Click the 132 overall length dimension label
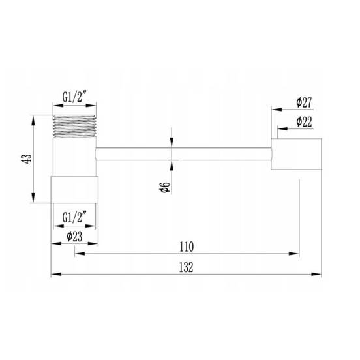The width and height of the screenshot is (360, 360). click(x=187, y=267)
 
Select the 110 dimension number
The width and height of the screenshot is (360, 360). click(x=187, y=247)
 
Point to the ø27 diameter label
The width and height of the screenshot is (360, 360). click(x=304, y=102)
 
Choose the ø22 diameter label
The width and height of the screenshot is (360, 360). click(x=304, y=122)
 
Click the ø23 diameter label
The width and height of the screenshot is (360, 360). click(x=74, y=237)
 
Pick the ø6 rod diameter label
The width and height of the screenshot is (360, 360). click(x=164, y=187)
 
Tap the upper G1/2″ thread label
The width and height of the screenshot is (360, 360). click(x=74, y=97)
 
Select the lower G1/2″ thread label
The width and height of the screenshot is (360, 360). click(x=74, y=217)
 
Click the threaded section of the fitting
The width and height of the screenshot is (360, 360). click(x=74, y=127)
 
